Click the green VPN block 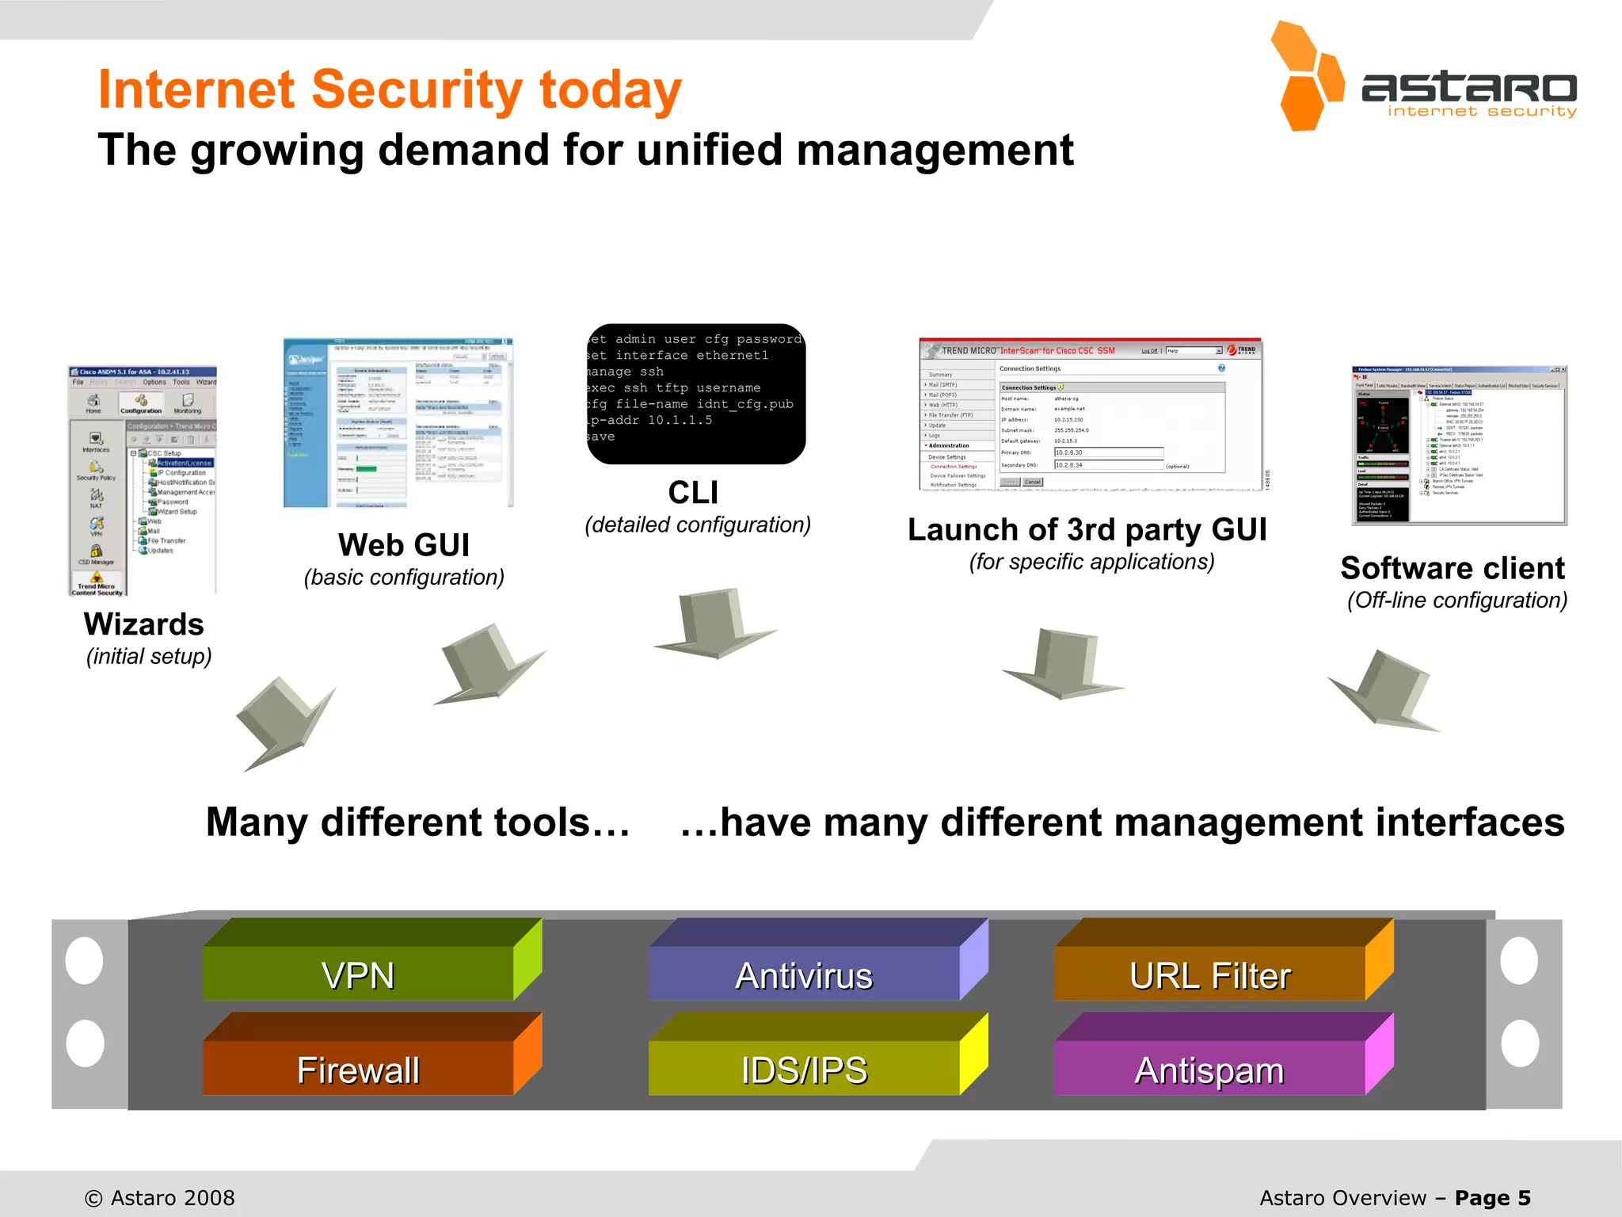[358, 974]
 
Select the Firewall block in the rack [358, 1069]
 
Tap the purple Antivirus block [804, 974]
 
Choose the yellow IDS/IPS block [804, 1069]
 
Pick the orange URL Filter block [1210, 974]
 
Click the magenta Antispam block [1210, 1069]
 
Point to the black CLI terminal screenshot [695, 394]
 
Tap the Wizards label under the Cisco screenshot [144, 624]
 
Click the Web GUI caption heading [404, 545]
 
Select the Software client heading [1453, 568]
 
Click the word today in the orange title [610, 90]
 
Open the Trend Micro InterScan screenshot [1090, 414]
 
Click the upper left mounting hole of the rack [85, 960]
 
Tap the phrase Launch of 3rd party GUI [1087, 529]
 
